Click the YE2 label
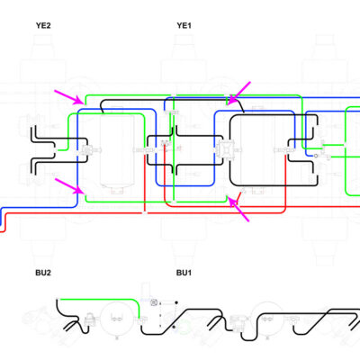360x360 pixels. click(43, 25)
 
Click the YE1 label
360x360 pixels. click(184, 25)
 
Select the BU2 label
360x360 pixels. click(43, 273)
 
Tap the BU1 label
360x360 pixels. click(184, 273)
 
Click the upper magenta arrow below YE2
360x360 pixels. click(69, 97)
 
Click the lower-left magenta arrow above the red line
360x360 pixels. click(69, 186)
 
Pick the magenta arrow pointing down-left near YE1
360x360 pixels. click(238, 94)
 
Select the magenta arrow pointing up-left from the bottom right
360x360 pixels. click(238, 209)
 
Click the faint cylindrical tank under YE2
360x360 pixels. click(117, 149)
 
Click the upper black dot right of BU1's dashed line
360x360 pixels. click(176, 302)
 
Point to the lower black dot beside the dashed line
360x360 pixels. click(174, 327)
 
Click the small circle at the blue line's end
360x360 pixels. click(316, 156)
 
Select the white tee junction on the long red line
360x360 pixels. click(145, 213)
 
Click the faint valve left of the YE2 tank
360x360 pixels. click(88, 149)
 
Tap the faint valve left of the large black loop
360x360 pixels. click(225, 148)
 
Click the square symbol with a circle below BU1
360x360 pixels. click(154, 302)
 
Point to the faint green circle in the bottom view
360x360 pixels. click(184, 327)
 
